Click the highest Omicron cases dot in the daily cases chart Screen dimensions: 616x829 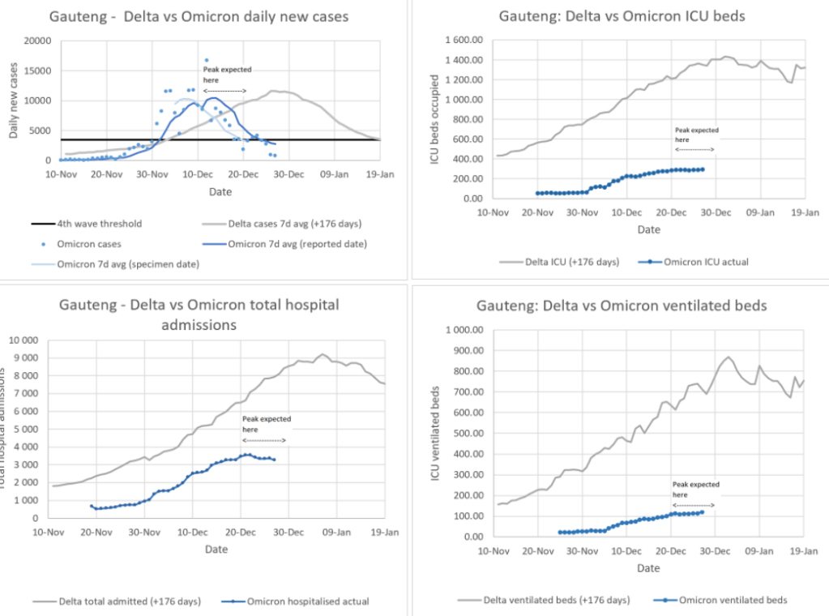pos(207,60)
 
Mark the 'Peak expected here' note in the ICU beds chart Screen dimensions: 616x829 pos(695,134)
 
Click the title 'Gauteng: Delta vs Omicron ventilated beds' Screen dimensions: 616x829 pos(621,306)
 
